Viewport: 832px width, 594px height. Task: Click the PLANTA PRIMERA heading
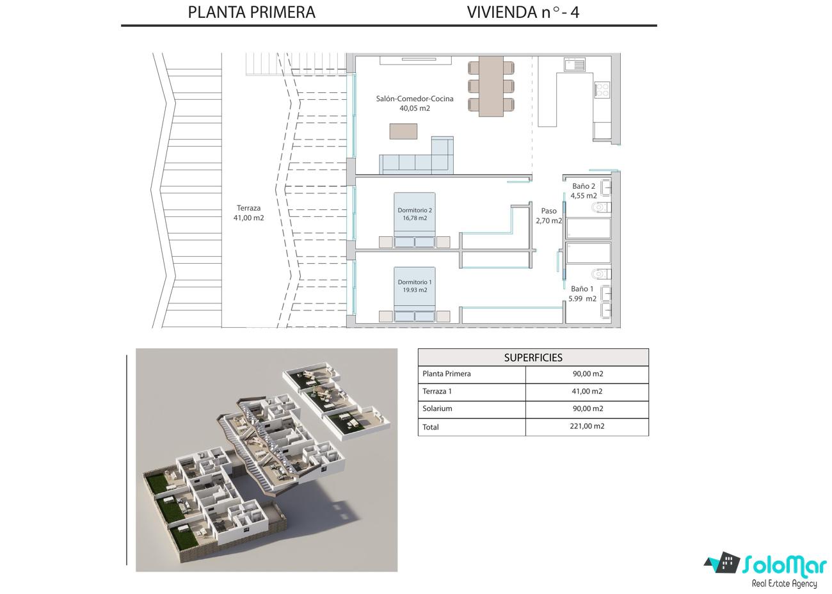[x=252, y=12]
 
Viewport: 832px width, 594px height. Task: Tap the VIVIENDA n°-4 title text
[x=523, y=12]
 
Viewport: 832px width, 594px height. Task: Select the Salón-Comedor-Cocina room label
[x=415, y=99]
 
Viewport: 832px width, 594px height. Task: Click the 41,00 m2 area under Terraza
[x=248, y=218]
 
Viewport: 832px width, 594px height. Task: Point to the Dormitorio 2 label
[x=415, y=210]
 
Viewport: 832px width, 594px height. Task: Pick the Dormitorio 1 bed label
[x=415, y=282]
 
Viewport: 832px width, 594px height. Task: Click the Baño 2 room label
[x=584, y=186]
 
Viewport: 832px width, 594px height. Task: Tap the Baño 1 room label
[x=582, y=289]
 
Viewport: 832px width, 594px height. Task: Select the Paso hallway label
[x=548, y=211]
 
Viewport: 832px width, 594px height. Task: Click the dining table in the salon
[x=491, y=86]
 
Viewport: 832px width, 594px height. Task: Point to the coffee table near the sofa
[x=404, y=131]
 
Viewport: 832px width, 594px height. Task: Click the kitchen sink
[x=574, y=64]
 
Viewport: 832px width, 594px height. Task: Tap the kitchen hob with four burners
[x=602, y=90]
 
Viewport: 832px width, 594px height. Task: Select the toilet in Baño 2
[x=600, y=207]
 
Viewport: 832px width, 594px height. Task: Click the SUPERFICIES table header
[x=533, y=358]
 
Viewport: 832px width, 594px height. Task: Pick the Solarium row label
[x=437, y=408]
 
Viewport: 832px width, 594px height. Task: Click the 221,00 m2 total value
[x=587, y=426]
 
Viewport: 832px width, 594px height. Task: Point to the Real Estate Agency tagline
[x=784, y=584]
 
